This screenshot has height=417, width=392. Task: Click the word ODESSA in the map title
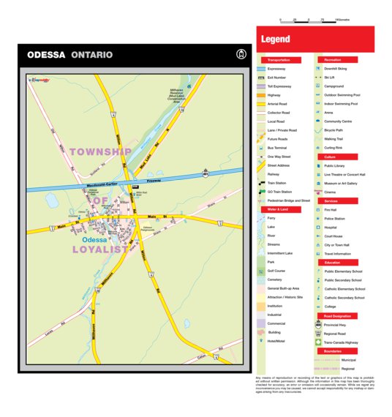[47, 55]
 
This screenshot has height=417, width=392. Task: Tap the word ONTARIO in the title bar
[92, 55]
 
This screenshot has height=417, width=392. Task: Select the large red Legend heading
[276, 40]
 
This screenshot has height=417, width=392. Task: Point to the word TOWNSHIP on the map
[101, 151]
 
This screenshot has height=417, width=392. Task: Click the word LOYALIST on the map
[101, 249]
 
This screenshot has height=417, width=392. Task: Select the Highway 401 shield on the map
[207, 174]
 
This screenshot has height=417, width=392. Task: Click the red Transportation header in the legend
[279, 59]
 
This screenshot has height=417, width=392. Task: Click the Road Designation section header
[336, 316]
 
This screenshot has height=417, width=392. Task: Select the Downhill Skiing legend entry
[336, 68]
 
